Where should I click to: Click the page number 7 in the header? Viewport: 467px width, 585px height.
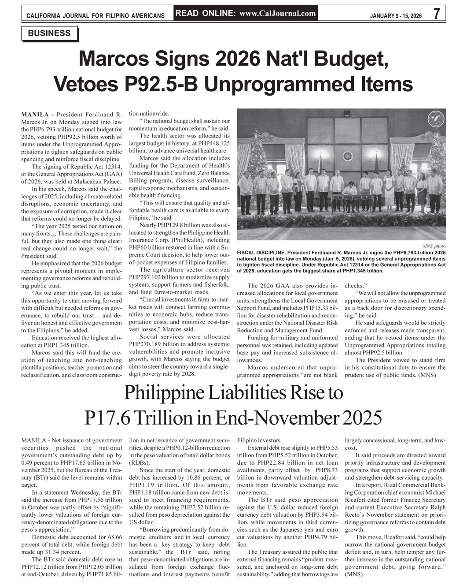pos(436,14)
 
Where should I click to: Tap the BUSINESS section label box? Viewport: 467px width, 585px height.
pos(49,34)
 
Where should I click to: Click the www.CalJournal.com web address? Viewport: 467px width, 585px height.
pos(278,13)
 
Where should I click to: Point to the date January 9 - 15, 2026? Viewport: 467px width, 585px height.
pos(396,16)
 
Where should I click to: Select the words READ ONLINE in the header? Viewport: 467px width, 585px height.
pos(205,13)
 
